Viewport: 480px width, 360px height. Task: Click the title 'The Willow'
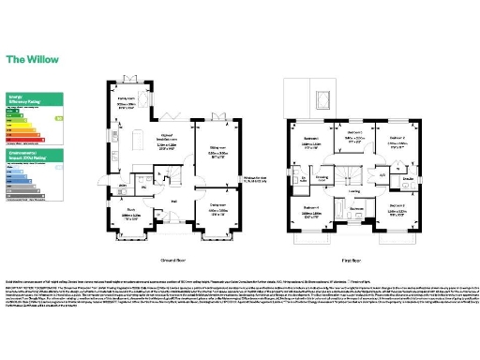pyautogui.click(x=31, y=58)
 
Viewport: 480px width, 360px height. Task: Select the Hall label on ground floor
pyautogui.click(x=174, y=200)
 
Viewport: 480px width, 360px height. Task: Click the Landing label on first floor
pyautogui.click(x=354, y=191)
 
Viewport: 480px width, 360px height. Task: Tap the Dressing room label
pyautogui.click(x=322, y=175)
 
